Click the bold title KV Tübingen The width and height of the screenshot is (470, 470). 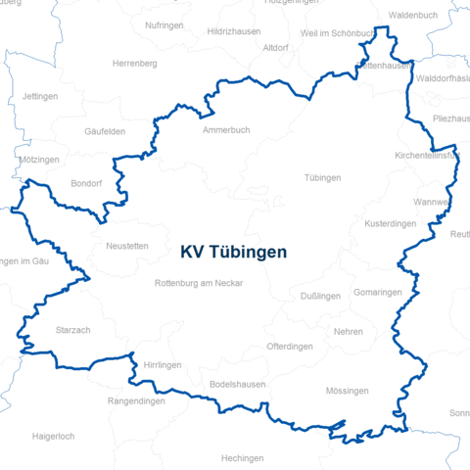point(234,252)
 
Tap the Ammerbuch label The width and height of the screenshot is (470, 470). point(226,130)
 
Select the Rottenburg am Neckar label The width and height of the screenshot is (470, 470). point(199,283)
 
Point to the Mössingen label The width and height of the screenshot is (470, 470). point(347,391)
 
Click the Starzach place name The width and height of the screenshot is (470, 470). point(73,331)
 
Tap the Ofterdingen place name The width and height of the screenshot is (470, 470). point(290,347)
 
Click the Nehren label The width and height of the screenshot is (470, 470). point(348,332)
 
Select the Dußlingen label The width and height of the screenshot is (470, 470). point(320,296)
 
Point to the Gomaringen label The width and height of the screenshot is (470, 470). point(378,293)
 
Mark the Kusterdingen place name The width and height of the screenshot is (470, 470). point(390,224)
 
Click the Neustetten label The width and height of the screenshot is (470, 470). point(127,247)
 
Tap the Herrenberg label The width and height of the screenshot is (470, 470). point(135,64)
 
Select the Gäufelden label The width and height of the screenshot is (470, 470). point(105,131)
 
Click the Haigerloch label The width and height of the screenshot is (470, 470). point(54,436)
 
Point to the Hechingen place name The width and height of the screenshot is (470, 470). point(242,458)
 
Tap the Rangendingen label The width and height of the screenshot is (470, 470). point(137,399)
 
